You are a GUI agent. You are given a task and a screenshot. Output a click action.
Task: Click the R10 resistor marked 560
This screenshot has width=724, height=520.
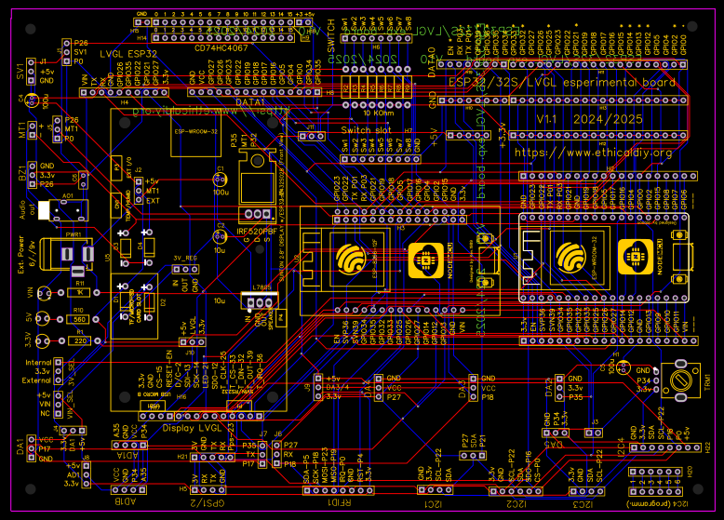tap(78, 318)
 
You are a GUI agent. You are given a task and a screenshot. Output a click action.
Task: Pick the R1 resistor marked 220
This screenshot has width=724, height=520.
tap(78, 340)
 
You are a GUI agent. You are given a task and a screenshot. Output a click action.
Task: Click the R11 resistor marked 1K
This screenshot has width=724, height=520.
tap(78, 292)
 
